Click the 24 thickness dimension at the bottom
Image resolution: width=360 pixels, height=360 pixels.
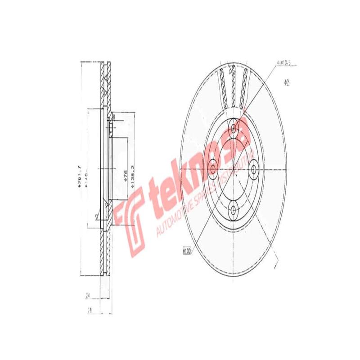click(89, 296)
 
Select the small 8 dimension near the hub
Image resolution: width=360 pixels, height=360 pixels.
click(114, 117)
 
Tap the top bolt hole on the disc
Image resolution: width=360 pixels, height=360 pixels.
click(234, 129)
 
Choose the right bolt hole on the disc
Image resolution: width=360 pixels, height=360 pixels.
click(253, 168)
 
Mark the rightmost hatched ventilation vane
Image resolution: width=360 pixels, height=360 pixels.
click(243, 85)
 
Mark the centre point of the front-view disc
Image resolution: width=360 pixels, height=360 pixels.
click(234, 168)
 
